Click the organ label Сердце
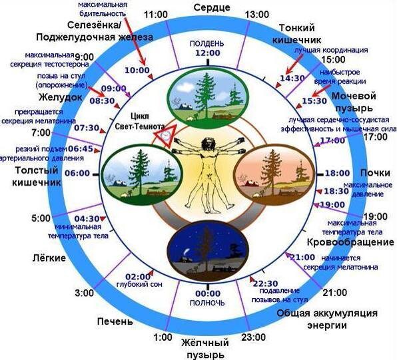pyautogui.click(x=212, y=7)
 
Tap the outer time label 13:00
pyautogui.click(x=256, y=15)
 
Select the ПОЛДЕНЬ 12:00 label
pyautogui.click(x=207, y=49)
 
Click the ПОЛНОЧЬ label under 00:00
pyautogui.click(x=207, y=303)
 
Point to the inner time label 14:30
pyautogui.click(x=292, y=78)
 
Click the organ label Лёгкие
pyautogui.click(x=49, y=258)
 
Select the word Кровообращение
pyautogui.click(x=350, y=242)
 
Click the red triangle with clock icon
pyautogui.click(x=165, y=136)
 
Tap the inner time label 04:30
pyautogui.click(x=87, y=218)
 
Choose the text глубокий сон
pyautogui.click(x=139, y=284)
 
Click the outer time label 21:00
pyautogui.click(x=334, y=293)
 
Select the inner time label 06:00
pyautogui.click(x=77, y=173)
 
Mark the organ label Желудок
pyautogui.click(x=60, y=97)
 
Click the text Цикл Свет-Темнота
pyautogui.click(x=140, y=121)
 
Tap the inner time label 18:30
pyautogui.click(x=336, y=191)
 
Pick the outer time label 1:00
pyautogui.click(x=163, y=337)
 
